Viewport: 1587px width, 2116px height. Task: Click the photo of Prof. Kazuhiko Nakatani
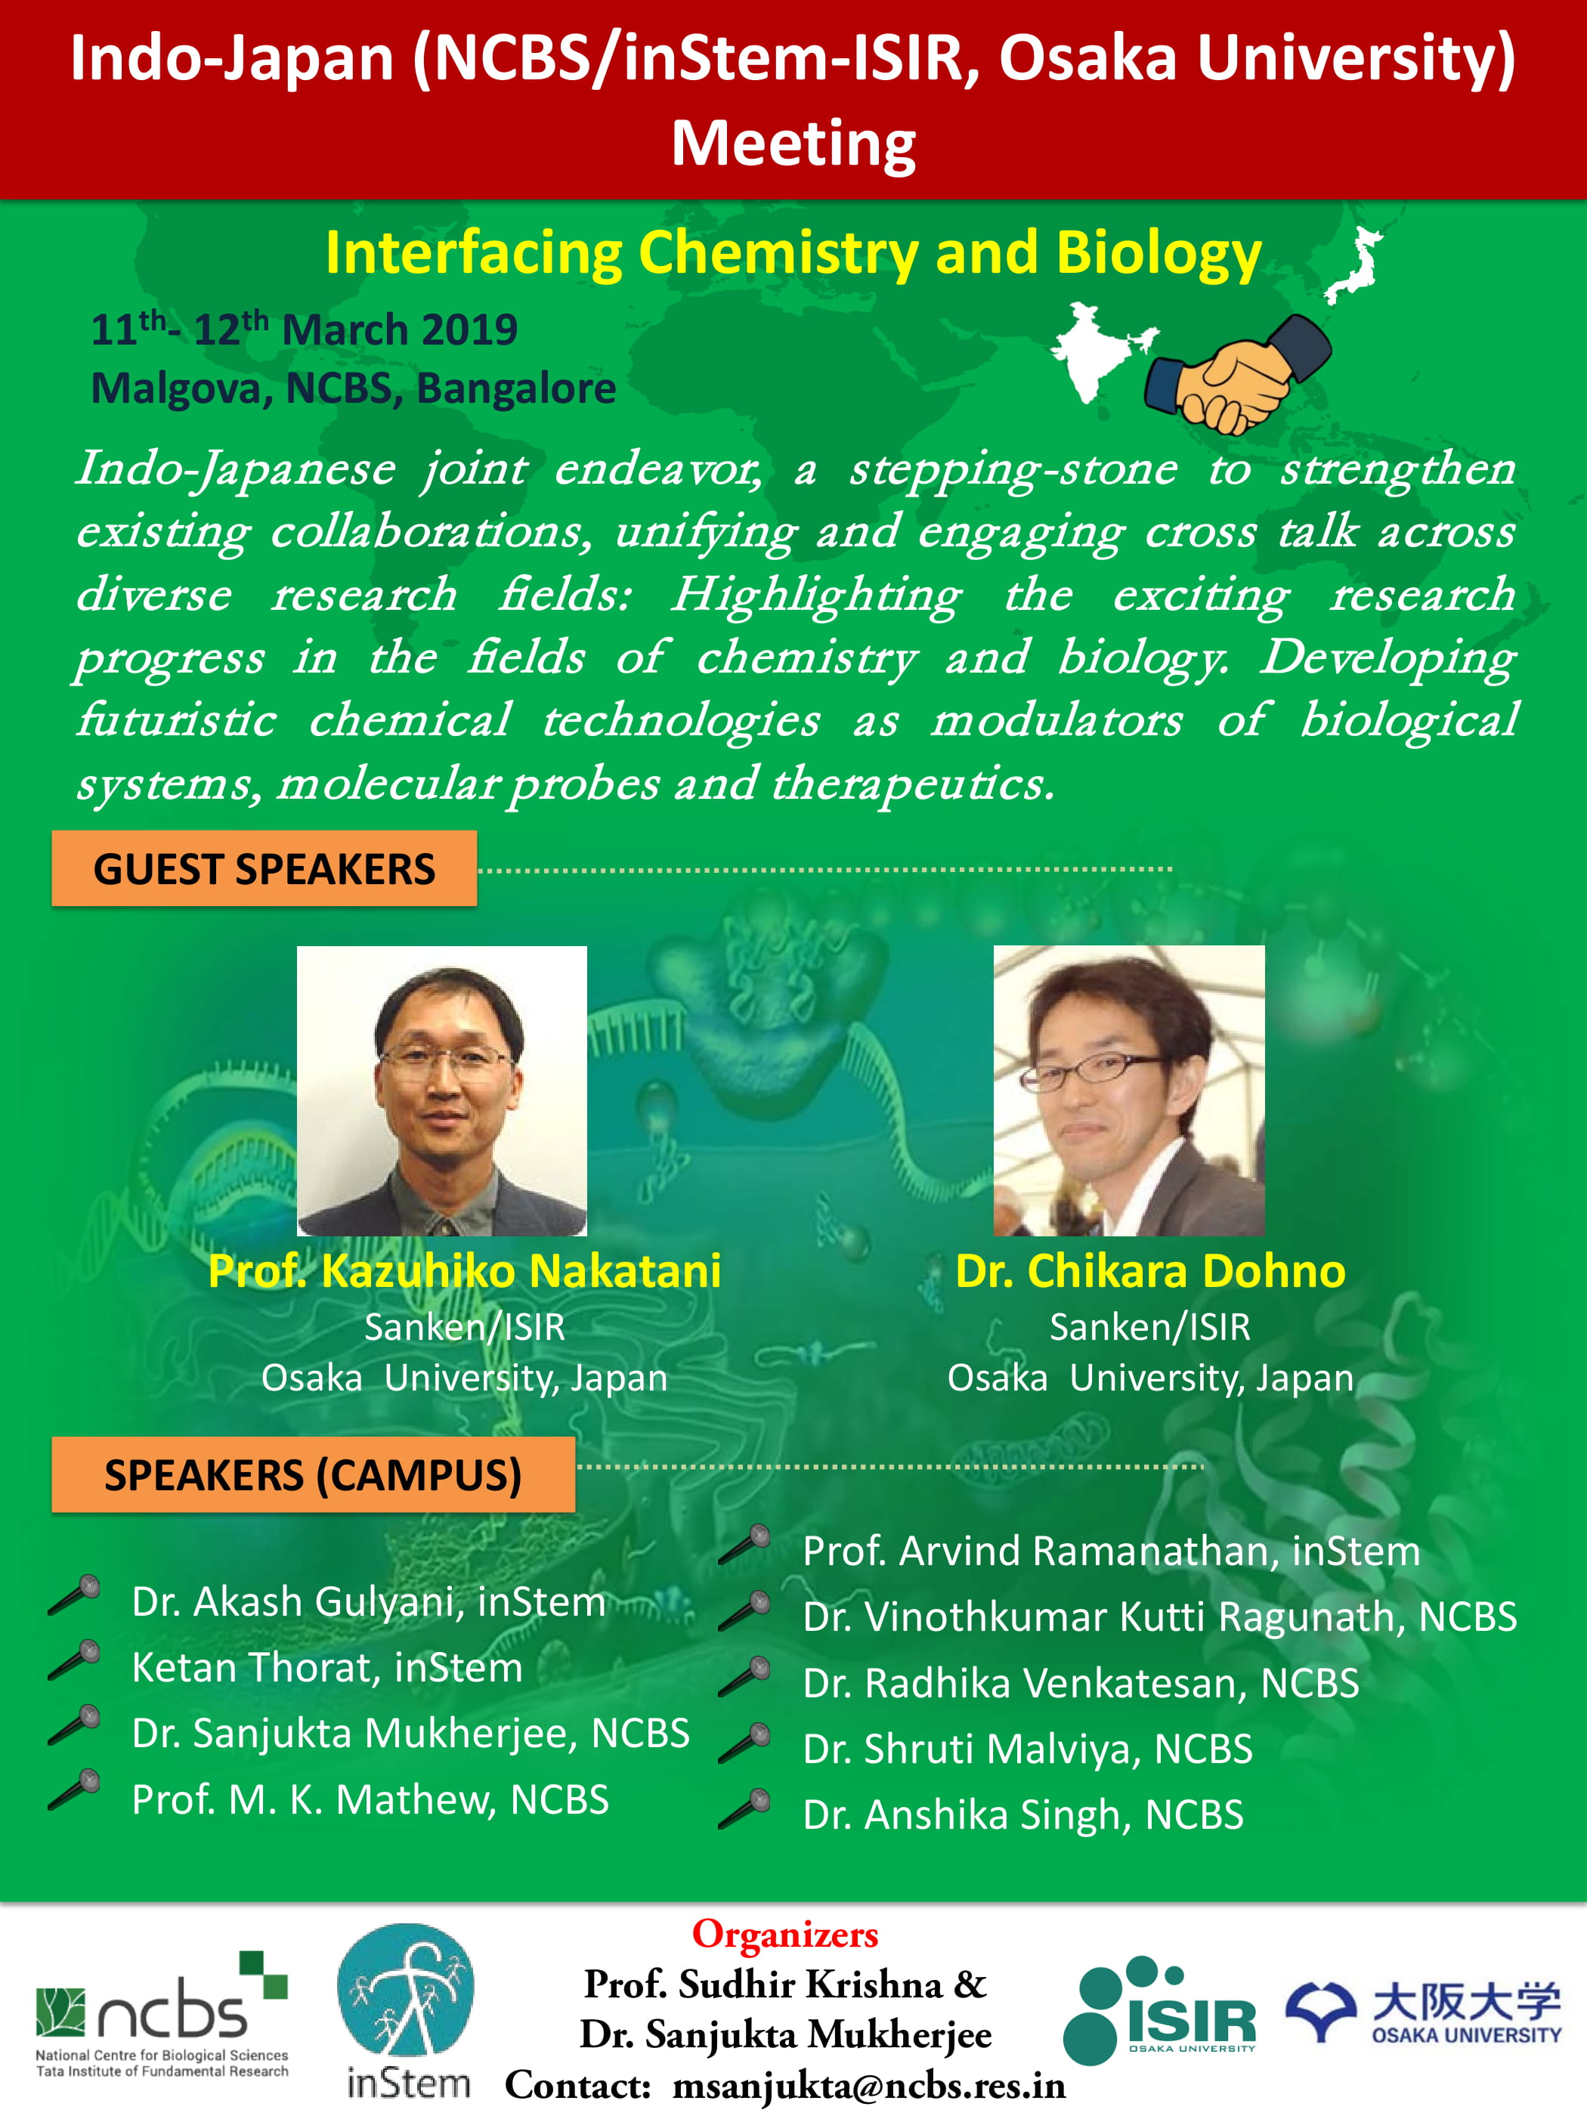(442, 1090)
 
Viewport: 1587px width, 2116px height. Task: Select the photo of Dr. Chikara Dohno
(1129, 1090)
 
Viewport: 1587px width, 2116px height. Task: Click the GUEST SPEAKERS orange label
(264, 868)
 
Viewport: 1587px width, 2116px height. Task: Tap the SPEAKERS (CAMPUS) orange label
(313, 1474)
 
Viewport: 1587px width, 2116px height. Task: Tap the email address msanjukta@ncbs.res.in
(868, 2085)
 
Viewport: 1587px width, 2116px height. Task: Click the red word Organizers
(785, 1933)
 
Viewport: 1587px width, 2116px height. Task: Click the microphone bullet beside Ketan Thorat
(75, 1659)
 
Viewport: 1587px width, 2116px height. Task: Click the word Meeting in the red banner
(793, 144)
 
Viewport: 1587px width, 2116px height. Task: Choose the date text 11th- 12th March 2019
(305, 329)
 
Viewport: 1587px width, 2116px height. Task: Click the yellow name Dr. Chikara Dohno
(1150, 1270)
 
